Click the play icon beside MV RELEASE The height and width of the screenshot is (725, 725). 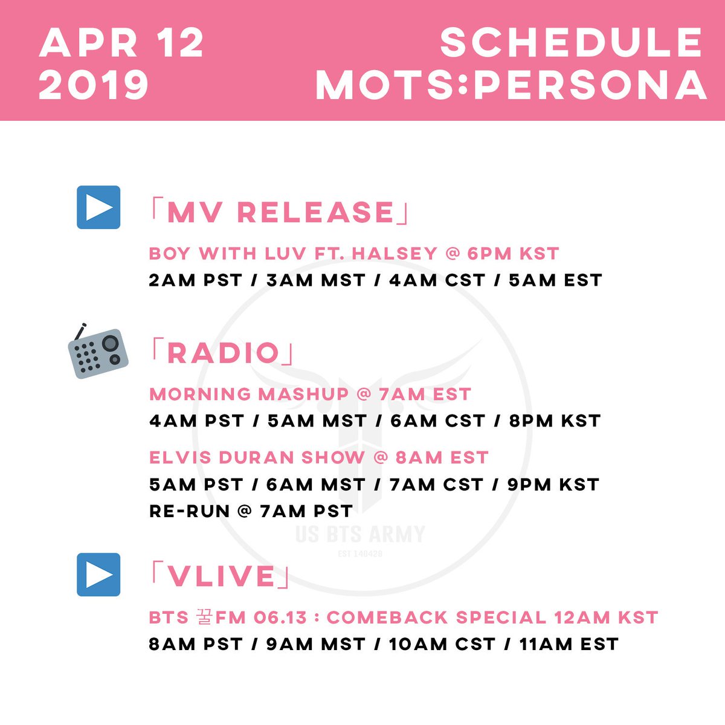98,207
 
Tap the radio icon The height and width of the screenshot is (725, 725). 98,350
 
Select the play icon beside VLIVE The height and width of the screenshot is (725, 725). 98,575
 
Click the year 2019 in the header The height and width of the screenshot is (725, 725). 93,85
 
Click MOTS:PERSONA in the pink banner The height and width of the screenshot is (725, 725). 511,85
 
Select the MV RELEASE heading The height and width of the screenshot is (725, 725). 280,212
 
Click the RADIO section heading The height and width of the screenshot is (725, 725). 222,353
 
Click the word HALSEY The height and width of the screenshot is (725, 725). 395,254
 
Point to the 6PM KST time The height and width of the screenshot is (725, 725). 513,254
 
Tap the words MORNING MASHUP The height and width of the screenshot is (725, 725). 249,395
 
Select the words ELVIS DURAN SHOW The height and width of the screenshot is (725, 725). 257,457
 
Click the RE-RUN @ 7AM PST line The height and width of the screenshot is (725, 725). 251,511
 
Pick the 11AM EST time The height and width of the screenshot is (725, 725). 569,644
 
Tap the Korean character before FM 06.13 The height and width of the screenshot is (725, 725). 205,617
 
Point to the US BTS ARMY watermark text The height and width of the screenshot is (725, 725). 361,534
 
